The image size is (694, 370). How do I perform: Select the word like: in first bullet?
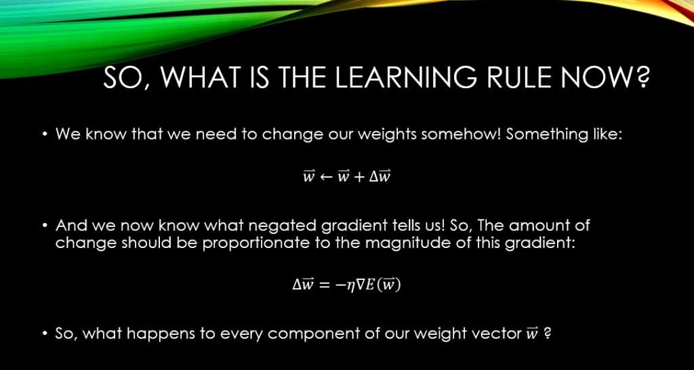[607, 133]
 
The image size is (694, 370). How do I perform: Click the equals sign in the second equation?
[325, 286]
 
